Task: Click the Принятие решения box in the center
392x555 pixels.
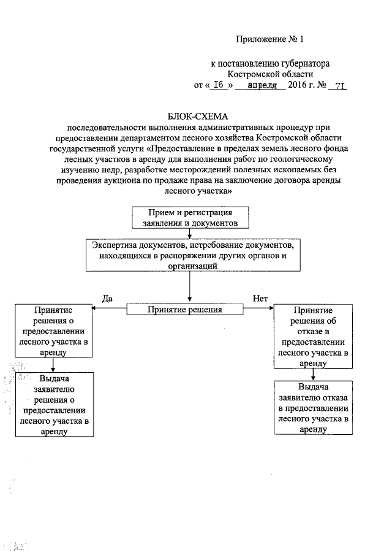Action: pyautogui.click(x=184, y=310)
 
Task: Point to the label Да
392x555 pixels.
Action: pyautogui.click(x=107, y=298)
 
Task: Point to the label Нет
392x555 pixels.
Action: pyautogui.click(x=260, y=298)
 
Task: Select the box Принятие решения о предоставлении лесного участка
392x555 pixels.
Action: pyautogui.click(x=55, y=332)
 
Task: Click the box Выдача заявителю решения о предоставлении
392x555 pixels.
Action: pyautogui.click(x=55, y=404)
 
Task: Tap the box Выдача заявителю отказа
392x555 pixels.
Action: pyautogui.click(x=314, y=407)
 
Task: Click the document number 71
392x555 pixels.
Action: pyautogui.click(x=339, y=86)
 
